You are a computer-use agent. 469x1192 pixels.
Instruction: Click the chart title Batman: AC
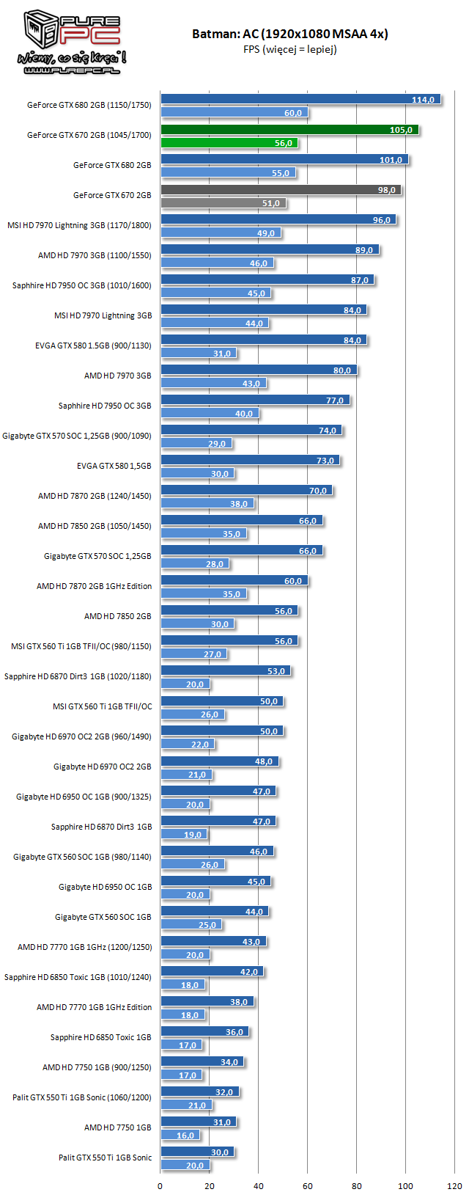[289, 34]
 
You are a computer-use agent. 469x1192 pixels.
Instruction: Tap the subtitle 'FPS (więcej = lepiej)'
[289, 50]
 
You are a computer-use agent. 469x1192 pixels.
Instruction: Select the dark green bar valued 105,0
[289, 130]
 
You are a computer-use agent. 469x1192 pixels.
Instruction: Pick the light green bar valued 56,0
[229, 143]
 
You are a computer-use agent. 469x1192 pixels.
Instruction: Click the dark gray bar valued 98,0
[281, 190]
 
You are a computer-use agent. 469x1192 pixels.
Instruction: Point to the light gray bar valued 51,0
[224, 203]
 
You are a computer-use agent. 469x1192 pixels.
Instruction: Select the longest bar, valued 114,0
[300, 100]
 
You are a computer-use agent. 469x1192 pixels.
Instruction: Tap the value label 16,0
[185, 1136]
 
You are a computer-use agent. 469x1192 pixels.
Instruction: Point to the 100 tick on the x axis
[405, 1185]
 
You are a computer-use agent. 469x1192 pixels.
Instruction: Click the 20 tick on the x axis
[210, 1185]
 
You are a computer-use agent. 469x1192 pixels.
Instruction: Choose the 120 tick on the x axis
[454, 1185]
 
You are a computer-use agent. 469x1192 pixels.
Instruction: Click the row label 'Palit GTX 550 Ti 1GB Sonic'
[106, 1158]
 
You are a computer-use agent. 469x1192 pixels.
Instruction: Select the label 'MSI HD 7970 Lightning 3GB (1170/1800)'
[79, 225]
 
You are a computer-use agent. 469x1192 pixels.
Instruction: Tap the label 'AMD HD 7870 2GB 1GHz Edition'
[95, 586]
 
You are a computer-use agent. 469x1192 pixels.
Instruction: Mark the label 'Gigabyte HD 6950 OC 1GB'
[106, 887]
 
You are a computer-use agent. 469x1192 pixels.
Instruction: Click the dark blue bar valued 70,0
[246, 491]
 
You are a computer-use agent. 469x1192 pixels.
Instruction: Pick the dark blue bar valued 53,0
[226, 671]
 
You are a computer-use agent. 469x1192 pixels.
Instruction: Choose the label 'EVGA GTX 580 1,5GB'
[114, 466]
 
